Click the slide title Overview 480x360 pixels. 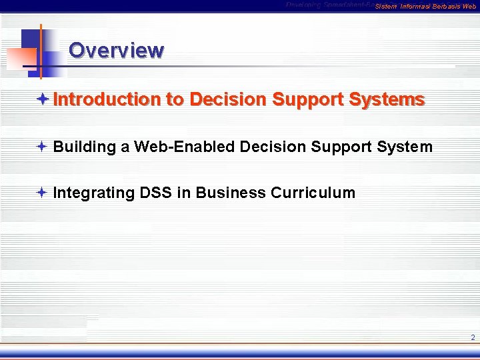tap(116, 51)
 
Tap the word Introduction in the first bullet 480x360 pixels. tap(107, 99)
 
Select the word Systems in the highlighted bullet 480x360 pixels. tap(386, 99)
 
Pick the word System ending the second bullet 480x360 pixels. tap(403, 147)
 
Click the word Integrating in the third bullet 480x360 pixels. tap(94, 193)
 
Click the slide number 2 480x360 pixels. tap(472, 337)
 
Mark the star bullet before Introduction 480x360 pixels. tap(42, 99)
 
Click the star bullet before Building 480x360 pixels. tap(42, 147)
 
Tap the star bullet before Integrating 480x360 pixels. tap(42, 193)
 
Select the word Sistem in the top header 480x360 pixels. tap(386, 6)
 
